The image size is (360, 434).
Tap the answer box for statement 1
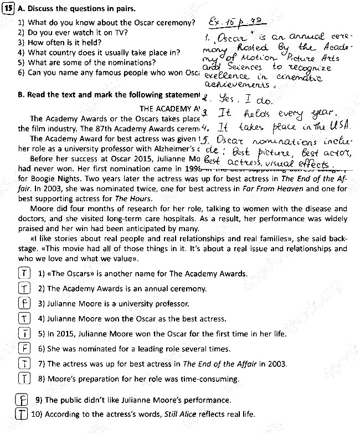click(x=24, y=274)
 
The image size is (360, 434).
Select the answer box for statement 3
click(x=24, y=304)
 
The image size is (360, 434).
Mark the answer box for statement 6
click(x=24, y=349)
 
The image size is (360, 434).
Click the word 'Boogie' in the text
click(x=45, y=180)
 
